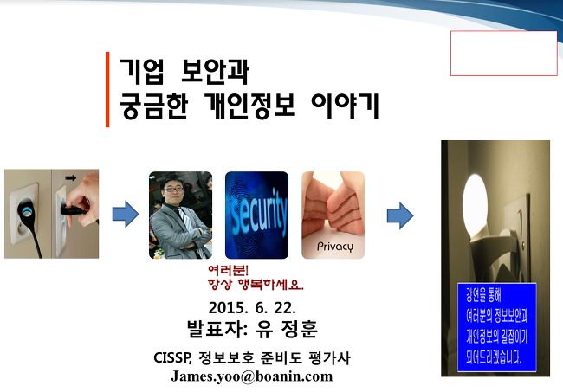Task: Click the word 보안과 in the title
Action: [x=215, y=71]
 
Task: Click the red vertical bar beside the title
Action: [x=107, y=89]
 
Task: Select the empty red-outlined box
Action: [x=504, y=53]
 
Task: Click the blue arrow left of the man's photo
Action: [x=126, y=214]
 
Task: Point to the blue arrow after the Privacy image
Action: [x=400, y=215]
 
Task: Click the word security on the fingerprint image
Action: [x=258, y=212]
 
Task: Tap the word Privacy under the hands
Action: [x=335, y=247]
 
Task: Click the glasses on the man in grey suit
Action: [x=173, y=189]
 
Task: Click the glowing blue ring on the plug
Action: [x=26, y=211]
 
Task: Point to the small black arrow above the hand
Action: [x=70, y=178]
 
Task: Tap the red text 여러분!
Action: [x=228, y=270]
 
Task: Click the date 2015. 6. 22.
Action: [x=252, y=308]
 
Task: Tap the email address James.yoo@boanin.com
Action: [x=252, y=376]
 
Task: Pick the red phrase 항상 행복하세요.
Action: [x=256, y=285]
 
